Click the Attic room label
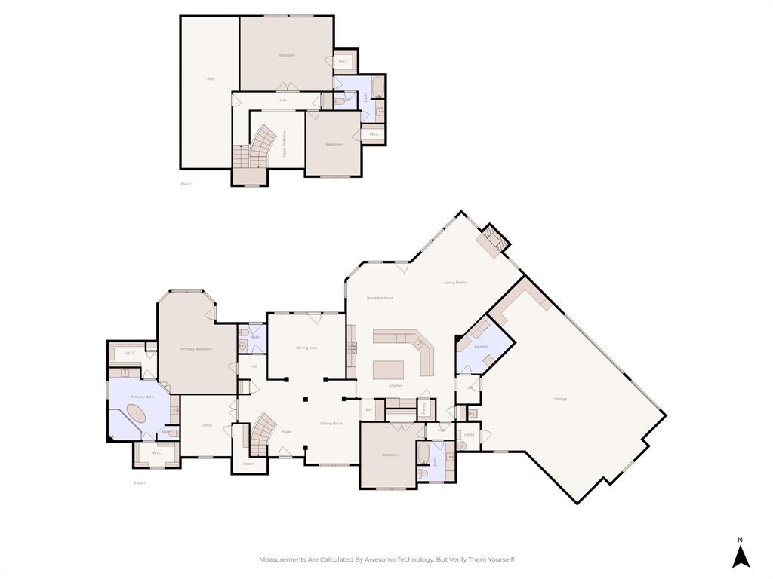[211, 78]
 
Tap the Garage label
[560, 399]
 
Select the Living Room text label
[454, 283]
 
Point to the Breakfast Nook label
[380, 298]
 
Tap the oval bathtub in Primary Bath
[137, 414]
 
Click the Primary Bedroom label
[196, 349]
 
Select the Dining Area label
[306, 348]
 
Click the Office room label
[207, 425]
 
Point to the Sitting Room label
[331, 424]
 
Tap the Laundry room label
[482, 347]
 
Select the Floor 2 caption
[187, 184]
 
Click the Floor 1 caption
[140, 483]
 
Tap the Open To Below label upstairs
[285, 142]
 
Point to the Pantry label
[423, 408]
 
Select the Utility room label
[469, 435]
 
